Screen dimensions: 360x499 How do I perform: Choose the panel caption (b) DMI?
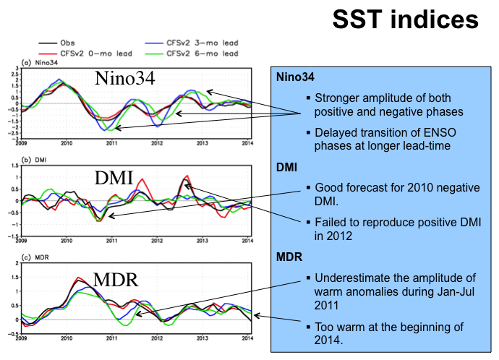point(38,161)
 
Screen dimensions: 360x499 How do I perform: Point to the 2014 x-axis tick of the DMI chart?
point(247,241)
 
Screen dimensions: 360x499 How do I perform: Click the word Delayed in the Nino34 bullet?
point(333,132)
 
